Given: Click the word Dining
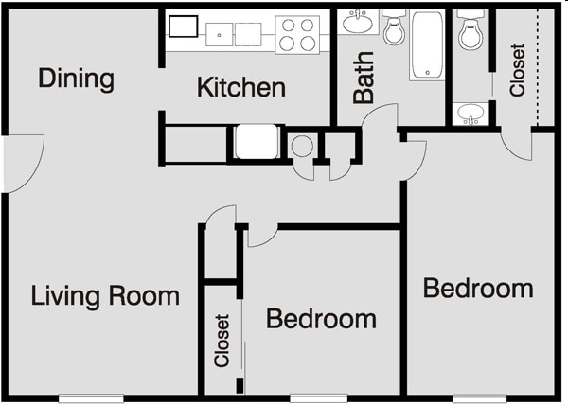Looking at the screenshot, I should point(76,79).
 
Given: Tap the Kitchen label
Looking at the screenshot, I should point(240,88).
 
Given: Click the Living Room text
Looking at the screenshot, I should point(105,295).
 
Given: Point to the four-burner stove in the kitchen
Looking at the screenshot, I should point(297,34).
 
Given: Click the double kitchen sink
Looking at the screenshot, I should point(235,34).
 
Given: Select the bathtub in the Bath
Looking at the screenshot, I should point(427,44).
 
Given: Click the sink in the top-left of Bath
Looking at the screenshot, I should point(358,23).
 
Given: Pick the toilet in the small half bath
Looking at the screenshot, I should point(470,32).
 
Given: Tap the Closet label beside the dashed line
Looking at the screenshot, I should point(517,70).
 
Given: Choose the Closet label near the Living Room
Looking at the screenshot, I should point(222,341).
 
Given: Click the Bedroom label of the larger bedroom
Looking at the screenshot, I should point(477,288).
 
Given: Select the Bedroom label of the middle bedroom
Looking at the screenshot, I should point(321,319).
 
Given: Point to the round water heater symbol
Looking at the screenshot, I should point(303,147).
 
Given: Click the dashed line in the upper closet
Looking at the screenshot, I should point(537,66).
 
